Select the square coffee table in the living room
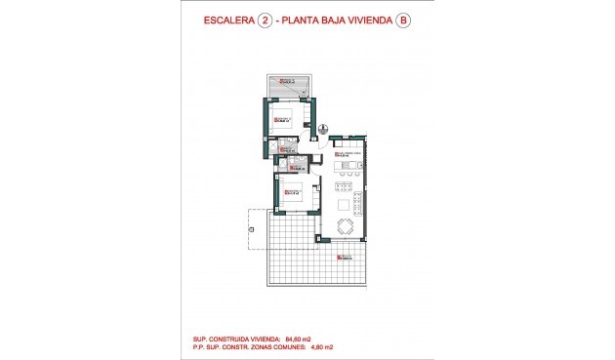click(x=344, y=205)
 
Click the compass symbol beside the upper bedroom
click(x=323, y=128)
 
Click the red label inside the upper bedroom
click(x=282, y=120)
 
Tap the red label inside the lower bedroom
click(x=290, y=192)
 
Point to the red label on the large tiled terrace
click(x=344, y=257)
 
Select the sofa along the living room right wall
click(x=360, y=206)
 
